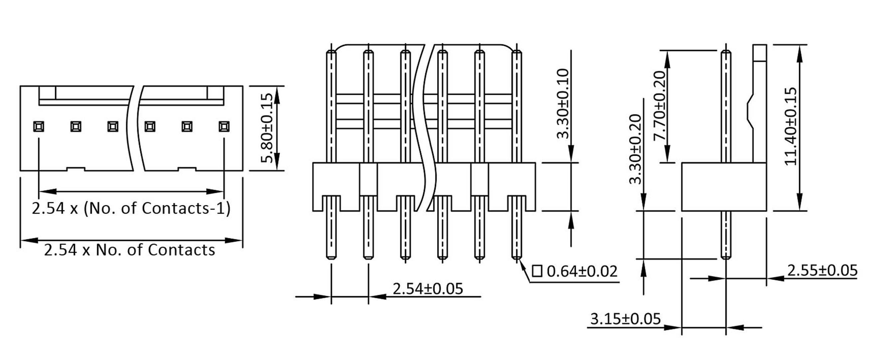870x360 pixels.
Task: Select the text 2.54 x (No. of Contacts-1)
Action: [131, 208]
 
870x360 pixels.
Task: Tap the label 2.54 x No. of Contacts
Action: [129, 250]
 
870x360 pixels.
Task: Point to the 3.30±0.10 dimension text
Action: [563, 104]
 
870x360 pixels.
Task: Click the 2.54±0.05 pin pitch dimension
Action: [428, 289]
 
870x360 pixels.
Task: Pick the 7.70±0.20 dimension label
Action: [660, 106]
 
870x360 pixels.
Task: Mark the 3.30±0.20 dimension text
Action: [635, 149]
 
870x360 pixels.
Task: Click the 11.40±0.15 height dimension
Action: [790, 126]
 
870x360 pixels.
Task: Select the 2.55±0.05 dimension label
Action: [822, 270]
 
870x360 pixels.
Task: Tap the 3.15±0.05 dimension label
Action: [625, 319]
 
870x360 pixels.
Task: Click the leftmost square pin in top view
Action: [39, 127]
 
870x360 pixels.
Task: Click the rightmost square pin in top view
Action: [224, 127]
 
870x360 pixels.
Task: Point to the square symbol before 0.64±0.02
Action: [537, 271]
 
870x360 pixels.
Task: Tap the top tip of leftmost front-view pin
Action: [331, 52]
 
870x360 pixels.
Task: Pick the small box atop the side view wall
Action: [760, 53]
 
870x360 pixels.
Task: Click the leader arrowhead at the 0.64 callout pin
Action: [522, 266]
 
